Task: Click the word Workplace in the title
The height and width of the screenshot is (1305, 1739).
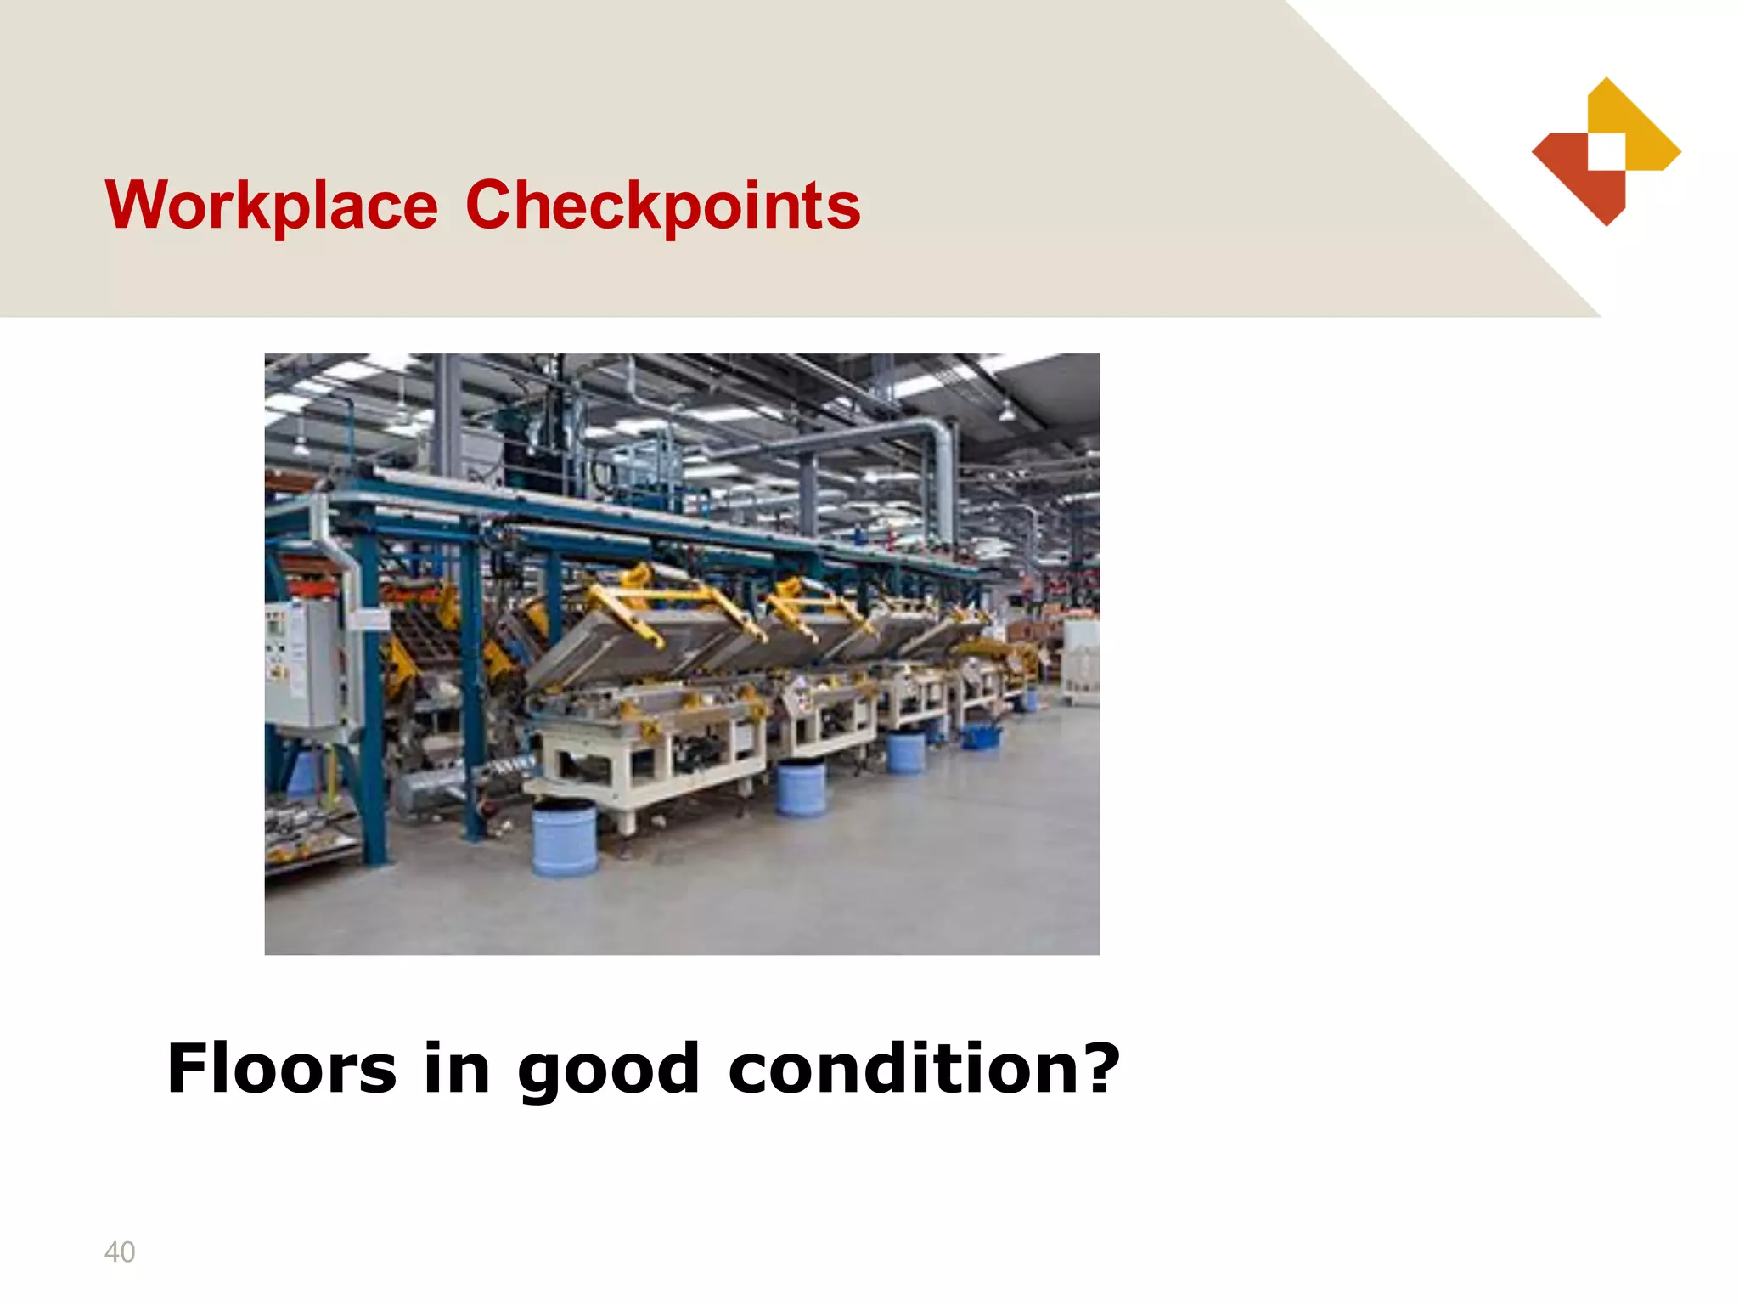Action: (x=271, y=206)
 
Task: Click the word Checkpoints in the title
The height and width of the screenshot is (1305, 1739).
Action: (x=662, y=206)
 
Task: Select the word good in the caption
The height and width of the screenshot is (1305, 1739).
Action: (x=608, y=1070)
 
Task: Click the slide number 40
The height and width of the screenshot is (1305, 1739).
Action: (x=120, y=1251)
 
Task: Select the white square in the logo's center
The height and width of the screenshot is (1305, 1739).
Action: (x=1607, y=152)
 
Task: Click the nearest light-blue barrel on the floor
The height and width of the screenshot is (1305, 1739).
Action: (x=564, y=839)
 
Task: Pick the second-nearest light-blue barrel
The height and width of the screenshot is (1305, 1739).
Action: (x=802, y=788)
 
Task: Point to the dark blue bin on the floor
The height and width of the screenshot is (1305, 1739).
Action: (x=981, y=736)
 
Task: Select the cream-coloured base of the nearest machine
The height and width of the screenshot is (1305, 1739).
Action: (x=645, y=765)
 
